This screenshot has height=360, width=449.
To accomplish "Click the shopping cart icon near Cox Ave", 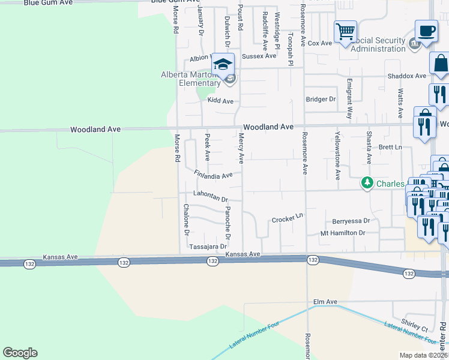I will click(x=345, y=31).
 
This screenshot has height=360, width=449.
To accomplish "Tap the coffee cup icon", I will click(x=426, y=31).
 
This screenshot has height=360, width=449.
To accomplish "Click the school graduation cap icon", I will click(x=223, y=64).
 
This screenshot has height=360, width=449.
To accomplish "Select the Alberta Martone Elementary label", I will click(x=191, y=79).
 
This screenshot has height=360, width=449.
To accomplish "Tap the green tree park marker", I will click(x=366, y=182).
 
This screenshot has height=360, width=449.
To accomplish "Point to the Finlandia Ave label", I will click(x=213, y=174).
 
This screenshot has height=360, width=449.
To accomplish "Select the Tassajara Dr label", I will click(x=208, y=246).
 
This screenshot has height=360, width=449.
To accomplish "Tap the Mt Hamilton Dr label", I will click(x=342, y=233).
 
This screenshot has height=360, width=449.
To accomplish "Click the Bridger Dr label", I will click(x=321, y=99).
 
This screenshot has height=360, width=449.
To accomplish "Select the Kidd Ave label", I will click(x=220, y=101).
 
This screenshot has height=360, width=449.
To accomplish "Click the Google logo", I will click(x=20, y=352).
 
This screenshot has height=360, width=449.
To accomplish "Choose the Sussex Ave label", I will click(x=259, y=56).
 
